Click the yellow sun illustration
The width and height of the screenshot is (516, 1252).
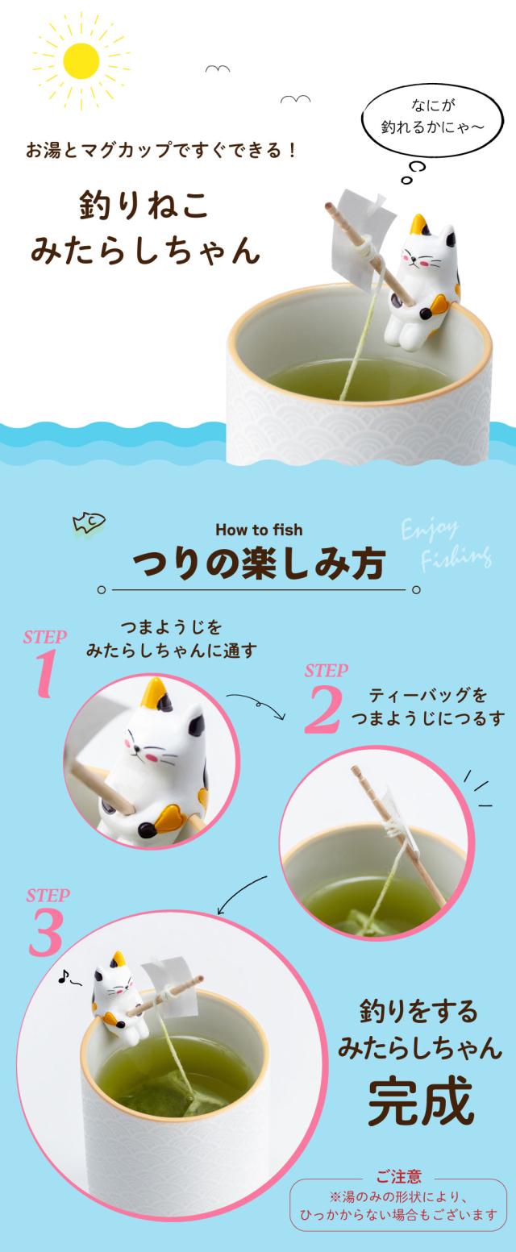[x=81, y=61]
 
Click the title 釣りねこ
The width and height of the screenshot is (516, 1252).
[x=144, y=206]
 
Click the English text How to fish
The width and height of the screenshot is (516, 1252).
[x=259, y=530]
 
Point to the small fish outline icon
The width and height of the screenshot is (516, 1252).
[x=89, y=522]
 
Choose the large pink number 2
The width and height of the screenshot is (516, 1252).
[x=322, y=709]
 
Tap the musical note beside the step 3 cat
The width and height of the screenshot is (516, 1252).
[x=64, y=976]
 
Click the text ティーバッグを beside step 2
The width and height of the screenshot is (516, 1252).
[x=428, y=695]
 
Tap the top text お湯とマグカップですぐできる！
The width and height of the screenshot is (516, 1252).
[x=161, y=151]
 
